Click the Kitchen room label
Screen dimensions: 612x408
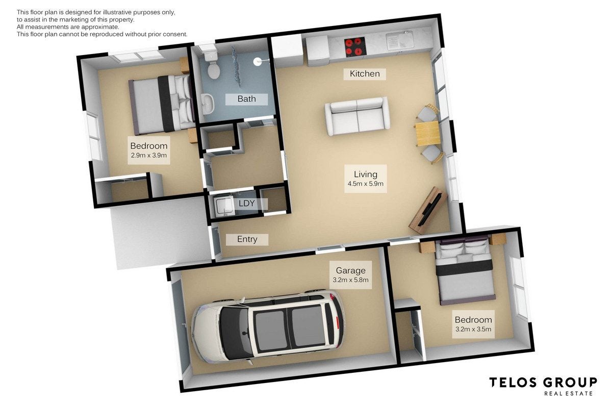365,74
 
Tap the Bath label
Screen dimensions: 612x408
246,98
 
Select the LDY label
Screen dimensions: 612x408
246,203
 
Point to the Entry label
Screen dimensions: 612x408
247,239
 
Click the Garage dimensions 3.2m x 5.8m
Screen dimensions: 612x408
350,280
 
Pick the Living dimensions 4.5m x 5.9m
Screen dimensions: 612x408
366,184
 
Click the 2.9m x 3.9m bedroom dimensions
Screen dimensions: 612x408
148,155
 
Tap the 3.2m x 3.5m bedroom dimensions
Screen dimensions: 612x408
473,329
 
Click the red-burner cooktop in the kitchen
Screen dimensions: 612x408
355,47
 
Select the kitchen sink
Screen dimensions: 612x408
400,41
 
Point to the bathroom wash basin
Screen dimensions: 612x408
208,104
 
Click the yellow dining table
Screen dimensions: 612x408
427,134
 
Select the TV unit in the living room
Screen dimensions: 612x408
427,211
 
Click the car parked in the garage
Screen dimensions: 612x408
268,327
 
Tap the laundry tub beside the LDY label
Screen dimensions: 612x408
224,206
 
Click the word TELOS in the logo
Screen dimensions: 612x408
513,382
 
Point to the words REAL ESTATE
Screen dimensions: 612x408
569,394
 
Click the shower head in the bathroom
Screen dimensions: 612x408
258,62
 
